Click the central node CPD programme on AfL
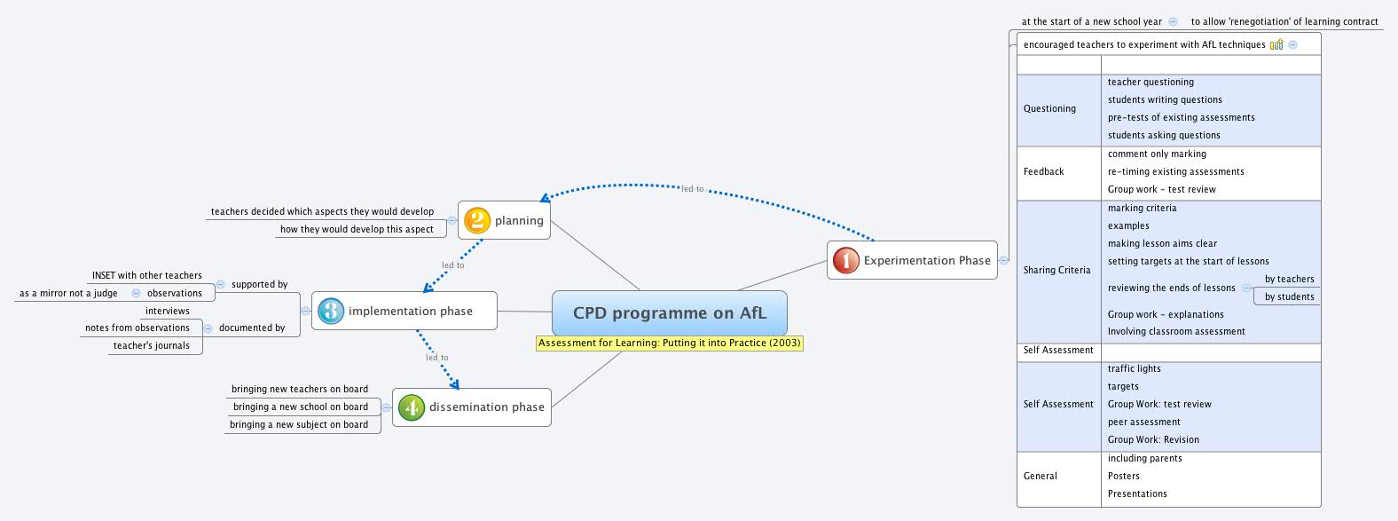669,313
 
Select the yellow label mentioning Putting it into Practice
669,343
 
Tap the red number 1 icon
845,260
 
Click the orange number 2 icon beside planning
477,220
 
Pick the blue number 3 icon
331,311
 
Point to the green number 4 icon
411,407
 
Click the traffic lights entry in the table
1134,369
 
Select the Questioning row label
1049,109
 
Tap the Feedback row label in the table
1043,172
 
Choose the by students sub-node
1289,297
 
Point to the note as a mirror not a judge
68,294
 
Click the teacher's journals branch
151,346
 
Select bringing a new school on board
300,407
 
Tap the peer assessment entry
1143,422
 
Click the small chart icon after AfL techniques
1276,44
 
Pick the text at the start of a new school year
1091,22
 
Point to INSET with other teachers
146,276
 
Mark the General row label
1040,477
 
